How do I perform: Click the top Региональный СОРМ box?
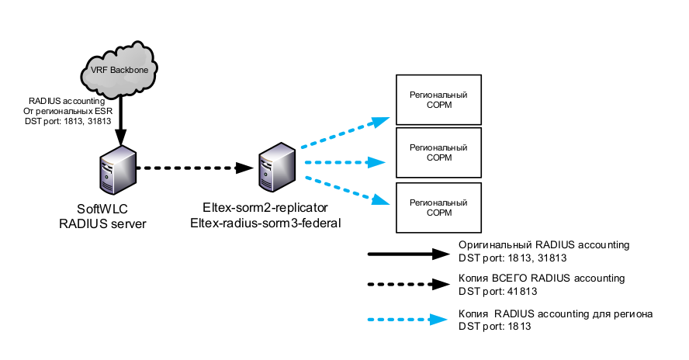(438, 99)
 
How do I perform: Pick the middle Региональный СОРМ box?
(438, 153)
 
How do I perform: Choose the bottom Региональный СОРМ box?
(438, 207)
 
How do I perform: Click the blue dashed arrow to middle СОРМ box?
(344, 162)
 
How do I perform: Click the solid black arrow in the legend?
(407, 254)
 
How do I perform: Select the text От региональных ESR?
(68, 111)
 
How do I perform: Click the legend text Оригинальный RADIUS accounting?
(543, 244)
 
